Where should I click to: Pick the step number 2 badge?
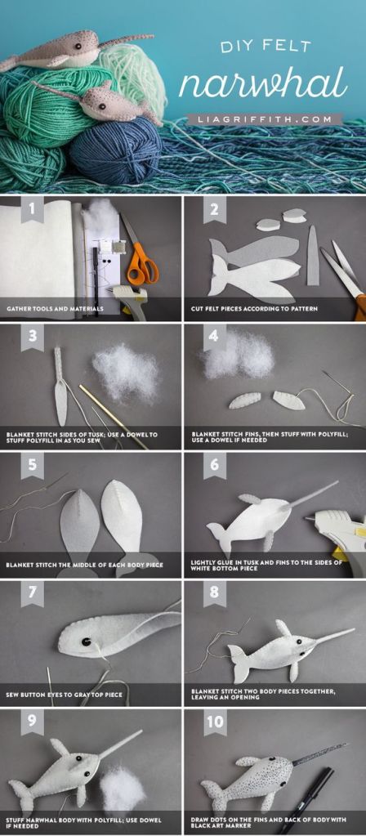coord(215,209)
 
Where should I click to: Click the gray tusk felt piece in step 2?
coord(313,256)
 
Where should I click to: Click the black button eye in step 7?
coord(85,642)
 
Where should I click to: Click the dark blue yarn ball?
coord(117,152)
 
